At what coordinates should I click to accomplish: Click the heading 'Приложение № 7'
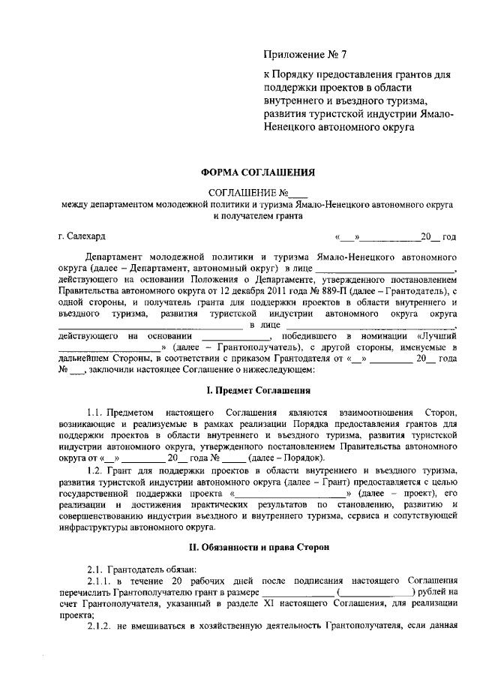(306, 54)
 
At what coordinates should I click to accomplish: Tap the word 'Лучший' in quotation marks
(439, 335)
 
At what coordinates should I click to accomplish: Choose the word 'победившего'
(313, 335)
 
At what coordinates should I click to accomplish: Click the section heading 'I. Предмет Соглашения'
(258, 391)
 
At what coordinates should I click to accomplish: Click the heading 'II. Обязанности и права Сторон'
(258, 548)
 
